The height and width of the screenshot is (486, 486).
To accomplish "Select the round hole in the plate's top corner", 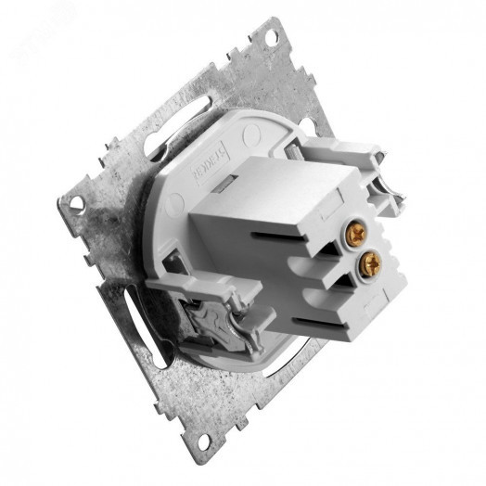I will [x=270, y=39].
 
